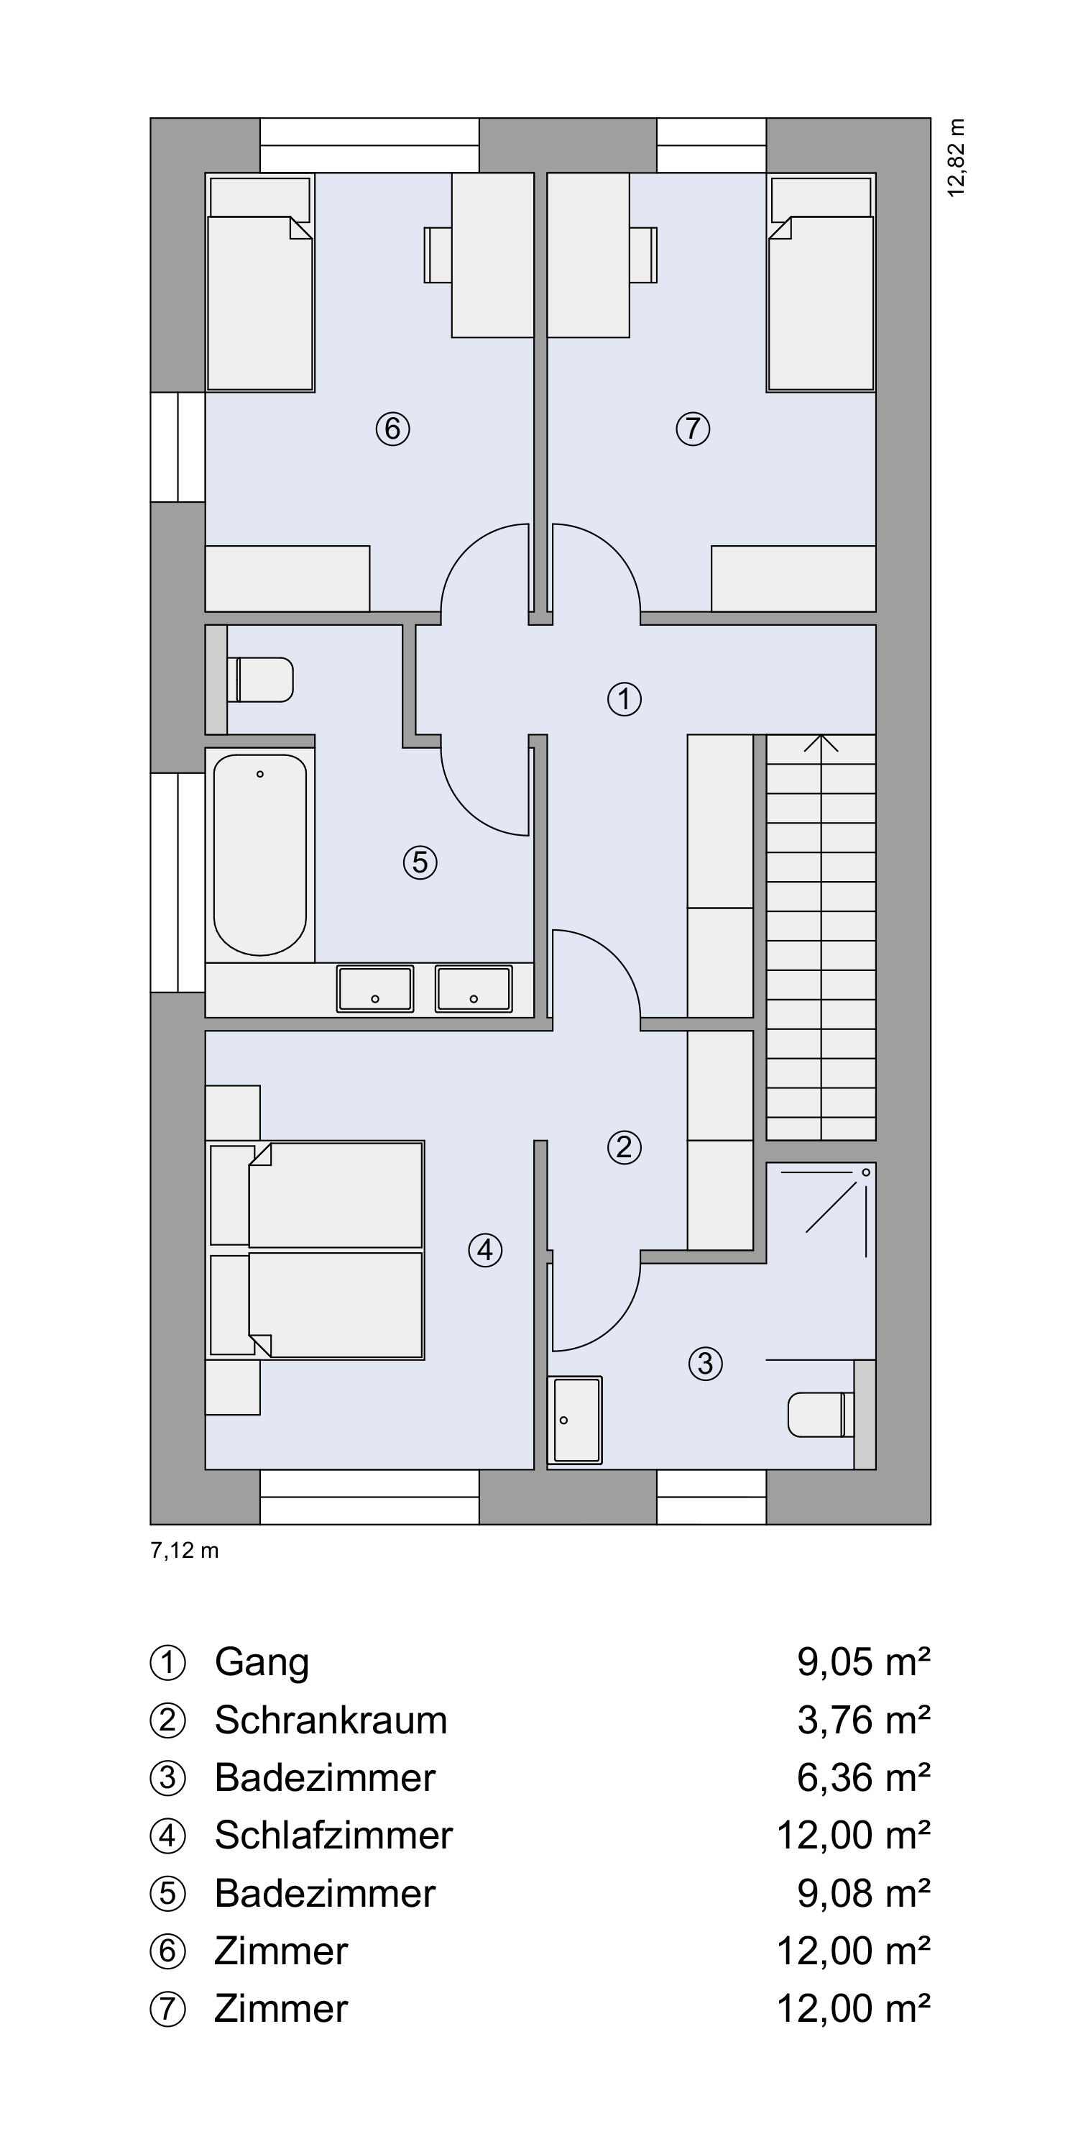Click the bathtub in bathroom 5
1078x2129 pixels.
point(260,854)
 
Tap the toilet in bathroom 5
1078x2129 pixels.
point(260,680)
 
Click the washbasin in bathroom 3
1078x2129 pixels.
point(575,1419)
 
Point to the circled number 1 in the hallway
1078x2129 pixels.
point(625,698)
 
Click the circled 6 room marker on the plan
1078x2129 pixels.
point(392,428)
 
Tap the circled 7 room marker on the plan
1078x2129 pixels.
point(692,428)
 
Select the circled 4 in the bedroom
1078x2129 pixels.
point(485,1249)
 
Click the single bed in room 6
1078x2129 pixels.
point(260,282)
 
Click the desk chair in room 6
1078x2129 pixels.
point(438,255)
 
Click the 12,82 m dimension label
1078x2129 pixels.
point(957,158)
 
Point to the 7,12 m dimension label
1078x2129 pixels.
point(184,1551)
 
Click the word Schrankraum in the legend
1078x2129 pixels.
point(331,1720)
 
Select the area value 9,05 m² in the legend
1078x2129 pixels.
point(863,1662)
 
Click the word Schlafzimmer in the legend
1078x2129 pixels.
point(333,1836)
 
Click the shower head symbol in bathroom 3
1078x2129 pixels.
point(867,1172)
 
